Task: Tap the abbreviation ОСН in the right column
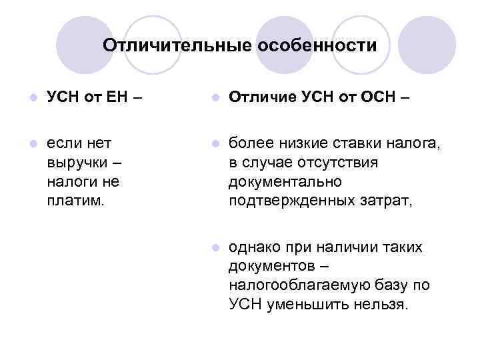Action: tap(377, 99)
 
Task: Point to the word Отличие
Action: tap(259, 99)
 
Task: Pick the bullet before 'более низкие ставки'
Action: tap(213, 143)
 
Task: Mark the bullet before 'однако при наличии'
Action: tap(213, 248)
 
